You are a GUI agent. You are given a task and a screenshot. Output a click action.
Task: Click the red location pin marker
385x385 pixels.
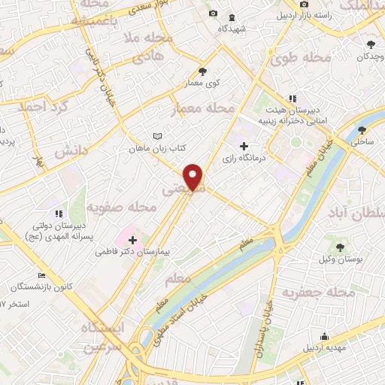[x=194, y=177]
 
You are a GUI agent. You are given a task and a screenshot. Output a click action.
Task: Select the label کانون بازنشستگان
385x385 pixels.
[x=41, y=288]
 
